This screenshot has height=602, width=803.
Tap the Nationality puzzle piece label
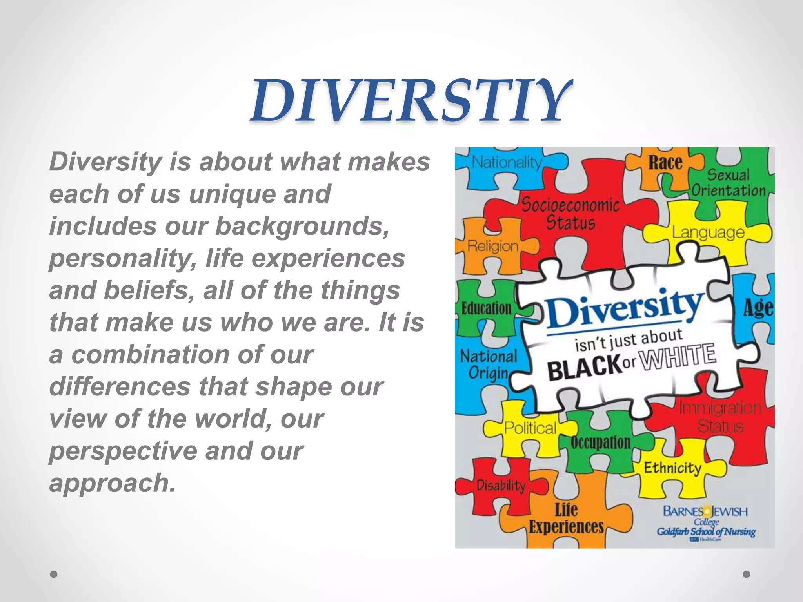(x=507, y=162)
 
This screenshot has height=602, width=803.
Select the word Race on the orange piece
(x=665, y=163)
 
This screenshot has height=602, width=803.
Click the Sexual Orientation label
(x=728, y=183)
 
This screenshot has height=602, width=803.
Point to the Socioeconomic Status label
(x=570, y=214)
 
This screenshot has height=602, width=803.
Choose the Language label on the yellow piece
(x=708, y=232)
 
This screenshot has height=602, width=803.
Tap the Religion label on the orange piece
(x=493, y=246)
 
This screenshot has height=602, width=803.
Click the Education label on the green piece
(x=486, y=308)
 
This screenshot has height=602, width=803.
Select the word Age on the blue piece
(x=758, y=308)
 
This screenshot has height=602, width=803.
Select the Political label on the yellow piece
(x=530, y=428)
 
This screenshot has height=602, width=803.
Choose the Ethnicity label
(x=672, y=468)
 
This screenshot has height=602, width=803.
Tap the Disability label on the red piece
(x=501, y=486)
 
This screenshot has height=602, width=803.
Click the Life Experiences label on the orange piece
(x=566, y=519)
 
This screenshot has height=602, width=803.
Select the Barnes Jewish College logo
(x=706, y=522)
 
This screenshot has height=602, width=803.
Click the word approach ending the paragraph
(x=112, y=483)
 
